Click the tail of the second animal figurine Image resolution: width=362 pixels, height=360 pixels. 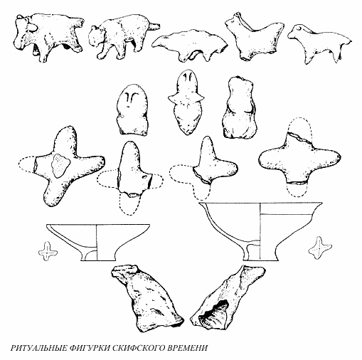154,26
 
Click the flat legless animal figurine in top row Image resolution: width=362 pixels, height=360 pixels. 190,45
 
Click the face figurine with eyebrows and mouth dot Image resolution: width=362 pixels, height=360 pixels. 132,110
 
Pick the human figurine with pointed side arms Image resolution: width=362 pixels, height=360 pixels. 186,102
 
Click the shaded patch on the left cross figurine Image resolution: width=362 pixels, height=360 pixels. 60,166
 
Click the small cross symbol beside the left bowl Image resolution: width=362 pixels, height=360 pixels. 48,251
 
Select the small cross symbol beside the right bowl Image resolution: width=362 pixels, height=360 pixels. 319,248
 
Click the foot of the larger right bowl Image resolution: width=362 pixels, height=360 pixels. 260,253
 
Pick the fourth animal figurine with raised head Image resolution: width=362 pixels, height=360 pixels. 255,37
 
